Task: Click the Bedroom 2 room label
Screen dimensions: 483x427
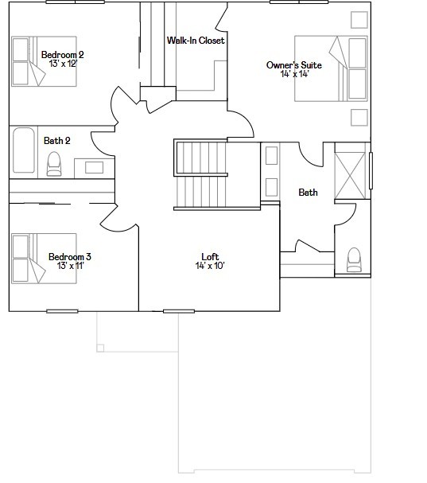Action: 62,54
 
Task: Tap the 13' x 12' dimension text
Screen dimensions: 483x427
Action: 62,64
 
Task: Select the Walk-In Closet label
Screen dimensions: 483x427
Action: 195,41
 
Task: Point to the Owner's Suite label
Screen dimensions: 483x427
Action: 293,65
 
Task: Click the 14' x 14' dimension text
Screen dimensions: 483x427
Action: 293,75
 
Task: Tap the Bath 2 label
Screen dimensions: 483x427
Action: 57,141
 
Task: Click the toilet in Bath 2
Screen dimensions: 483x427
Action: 54,165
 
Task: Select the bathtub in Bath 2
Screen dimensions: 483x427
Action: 23,150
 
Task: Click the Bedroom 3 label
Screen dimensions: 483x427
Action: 69,256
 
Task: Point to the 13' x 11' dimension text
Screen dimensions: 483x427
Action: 69,266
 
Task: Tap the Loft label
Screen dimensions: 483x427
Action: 210,256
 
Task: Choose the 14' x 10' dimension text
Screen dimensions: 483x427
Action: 210,266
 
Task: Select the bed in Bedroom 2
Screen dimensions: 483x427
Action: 43,62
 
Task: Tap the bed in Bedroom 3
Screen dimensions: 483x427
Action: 43,258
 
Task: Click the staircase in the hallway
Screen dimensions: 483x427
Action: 200,174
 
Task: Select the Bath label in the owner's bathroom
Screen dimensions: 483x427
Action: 308,193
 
